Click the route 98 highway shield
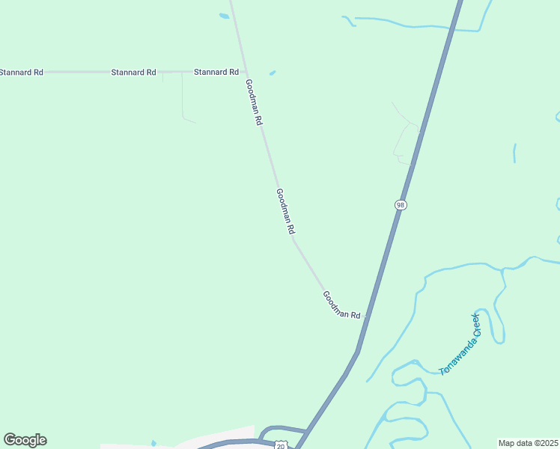(x=401, y=205)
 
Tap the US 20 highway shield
(x=280, y=445)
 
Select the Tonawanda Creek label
(x=459, y=344)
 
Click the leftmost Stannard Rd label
(x=21, y=73)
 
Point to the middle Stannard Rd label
(x=133, y=73)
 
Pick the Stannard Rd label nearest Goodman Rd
(x=216, y=73)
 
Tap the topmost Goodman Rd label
(x=254, y=102)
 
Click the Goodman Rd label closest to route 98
(x=341, y=305)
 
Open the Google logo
(x=25, y=440)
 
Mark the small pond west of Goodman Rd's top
(x=224, y=16)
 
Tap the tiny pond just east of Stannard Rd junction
(x=272, y=73)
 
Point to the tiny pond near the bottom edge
(x=153, y=443)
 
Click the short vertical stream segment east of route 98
(x=514, y=153)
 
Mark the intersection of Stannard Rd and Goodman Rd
(x=245, y=73)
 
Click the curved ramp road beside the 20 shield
(x=264, y=432)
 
